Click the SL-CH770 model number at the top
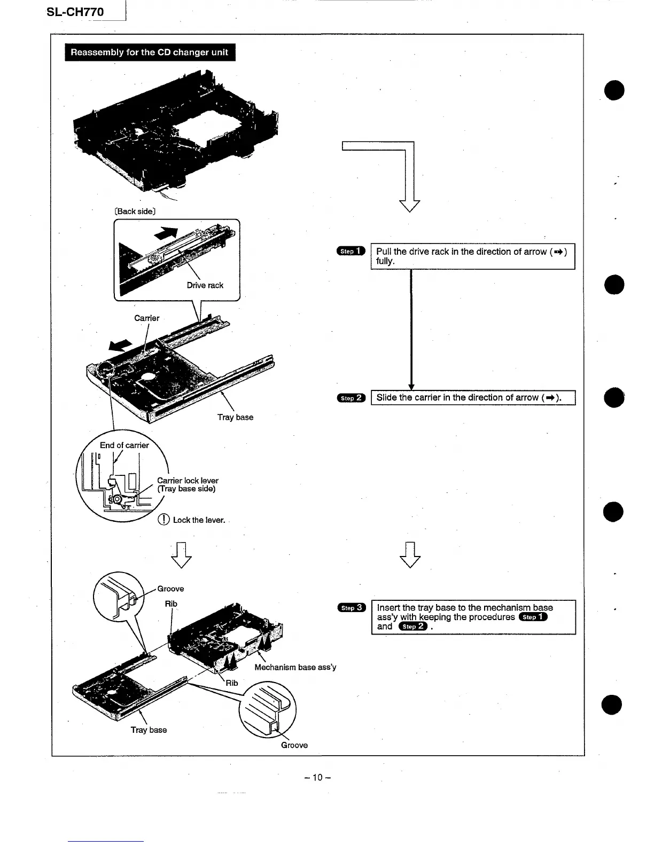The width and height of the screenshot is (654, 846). [75, 12]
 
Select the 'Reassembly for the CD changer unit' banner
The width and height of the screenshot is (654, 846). [150, 52]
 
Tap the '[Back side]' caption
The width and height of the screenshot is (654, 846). [135, 211]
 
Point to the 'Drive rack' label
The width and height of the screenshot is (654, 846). [205, 285]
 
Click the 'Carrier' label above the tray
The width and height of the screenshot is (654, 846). [146, 318]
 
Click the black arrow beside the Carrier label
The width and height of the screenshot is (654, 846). [120, 346]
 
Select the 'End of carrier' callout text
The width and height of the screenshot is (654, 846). [124, 445]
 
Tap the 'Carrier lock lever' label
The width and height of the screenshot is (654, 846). [188, 481]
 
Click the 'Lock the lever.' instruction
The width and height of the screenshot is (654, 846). [199, 520]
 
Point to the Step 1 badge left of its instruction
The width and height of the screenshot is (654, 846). [351, 251]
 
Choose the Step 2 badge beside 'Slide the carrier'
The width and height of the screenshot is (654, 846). [351, 398]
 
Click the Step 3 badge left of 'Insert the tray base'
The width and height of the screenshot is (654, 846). [351, 607]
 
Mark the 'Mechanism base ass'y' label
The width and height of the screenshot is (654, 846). [295, 667]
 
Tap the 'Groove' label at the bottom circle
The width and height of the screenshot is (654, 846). [294, 745]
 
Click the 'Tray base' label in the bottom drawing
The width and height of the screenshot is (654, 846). [149, 730]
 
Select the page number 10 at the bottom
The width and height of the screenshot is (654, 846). [317, 777]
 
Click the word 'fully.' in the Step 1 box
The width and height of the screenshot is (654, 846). [385, 261]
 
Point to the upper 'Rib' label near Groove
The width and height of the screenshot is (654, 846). [171, 604]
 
